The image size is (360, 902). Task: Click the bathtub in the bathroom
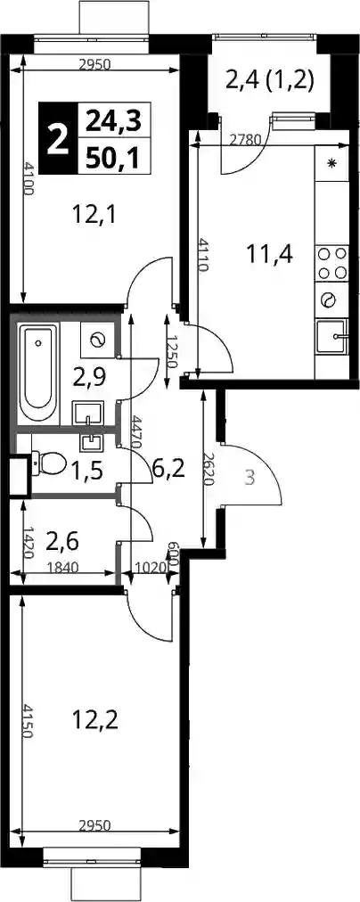38,374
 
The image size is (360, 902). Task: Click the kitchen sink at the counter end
332,337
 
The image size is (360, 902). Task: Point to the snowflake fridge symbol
331,163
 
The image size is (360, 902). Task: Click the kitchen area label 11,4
270,253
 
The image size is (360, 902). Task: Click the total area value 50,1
112,157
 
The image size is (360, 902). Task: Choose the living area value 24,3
112,121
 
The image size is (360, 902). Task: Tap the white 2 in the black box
57,139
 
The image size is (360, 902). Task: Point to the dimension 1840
61,567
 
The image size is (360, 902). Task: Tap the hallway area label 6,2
168,470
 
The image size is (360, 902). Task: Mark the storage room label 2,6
62,541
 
